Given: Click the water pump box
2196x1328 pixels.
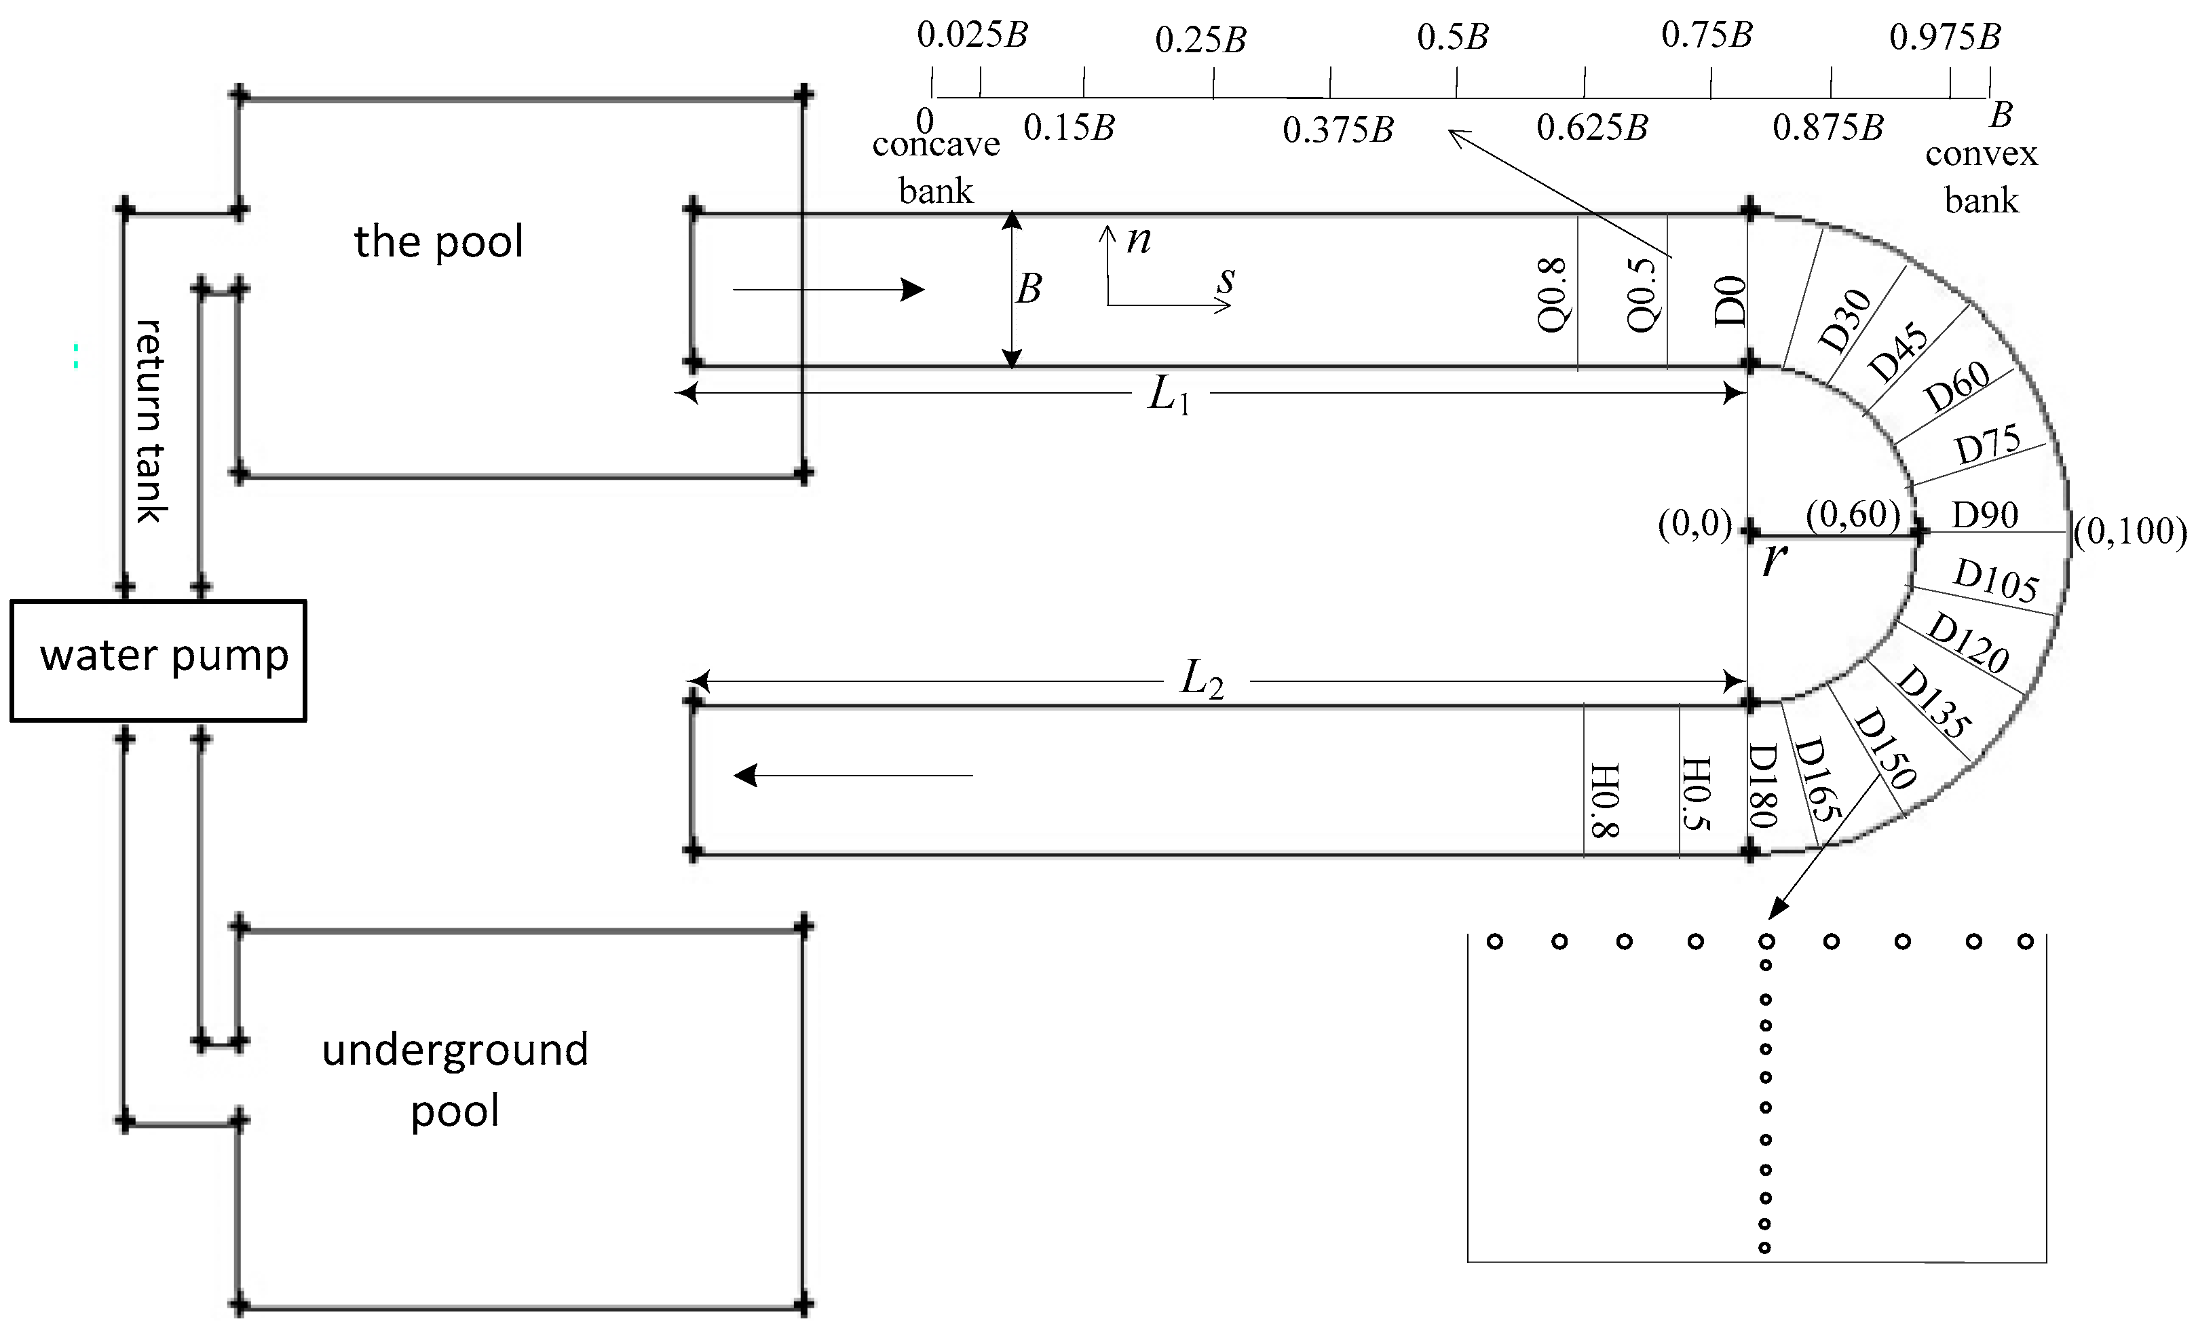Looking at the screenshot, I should [x=159, y=660].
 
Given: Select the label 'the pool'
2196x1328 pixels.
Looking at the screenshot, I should [x=438, y=242].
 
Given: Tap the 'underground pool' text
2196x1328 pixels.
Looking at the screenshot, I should [x=455, y=1080].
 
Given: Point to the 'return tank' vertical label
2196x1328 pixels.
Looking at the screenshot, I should [x=150, y=421].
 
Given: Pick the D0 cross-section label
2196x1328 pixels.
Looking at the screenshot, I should [x=1729, y=301].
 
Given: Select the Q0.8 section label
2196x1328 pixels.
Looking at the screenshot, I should [x=1551, y=294].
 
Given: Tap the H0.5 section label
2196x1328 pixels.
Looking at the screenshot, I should [x=1695, y=793].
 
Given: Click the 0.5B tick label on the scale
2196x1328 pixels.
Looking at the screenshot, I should [x=1453, y=37].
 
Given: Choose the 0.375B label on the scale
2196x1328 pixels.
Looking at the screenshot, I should [x=1338, y=130].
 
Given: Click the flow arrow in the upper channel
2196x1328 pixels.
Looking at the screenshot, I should [x=828, y=290].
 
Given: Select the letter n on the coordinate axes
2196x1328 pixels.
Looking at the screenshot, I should [x=1138, y=239].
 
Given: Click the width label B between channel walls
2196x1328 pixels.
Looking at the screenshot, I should [x=1029, y=289].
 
